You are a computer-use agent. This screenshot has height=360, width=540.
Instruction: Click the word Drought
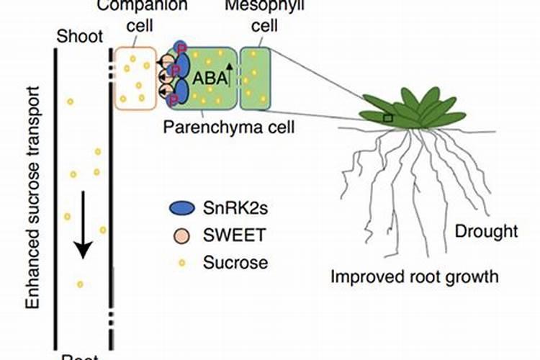pyautogui.click(x=486, y=231)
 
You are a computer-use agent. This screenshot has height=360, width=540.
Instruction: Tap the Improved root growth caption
pyautogui.click(x=414, y=276)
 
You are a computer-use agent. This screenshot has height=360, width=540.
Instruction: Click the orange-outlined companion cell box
pyautogui.click(x=135, y=78)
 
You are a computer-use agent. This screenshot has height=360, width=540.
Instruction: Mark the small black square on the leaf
pyautogui.click(x=388, y=117)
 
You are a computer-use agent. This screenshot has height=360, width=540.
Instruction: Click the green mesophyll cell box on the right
pyautogui.click(x=255, y=79)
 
